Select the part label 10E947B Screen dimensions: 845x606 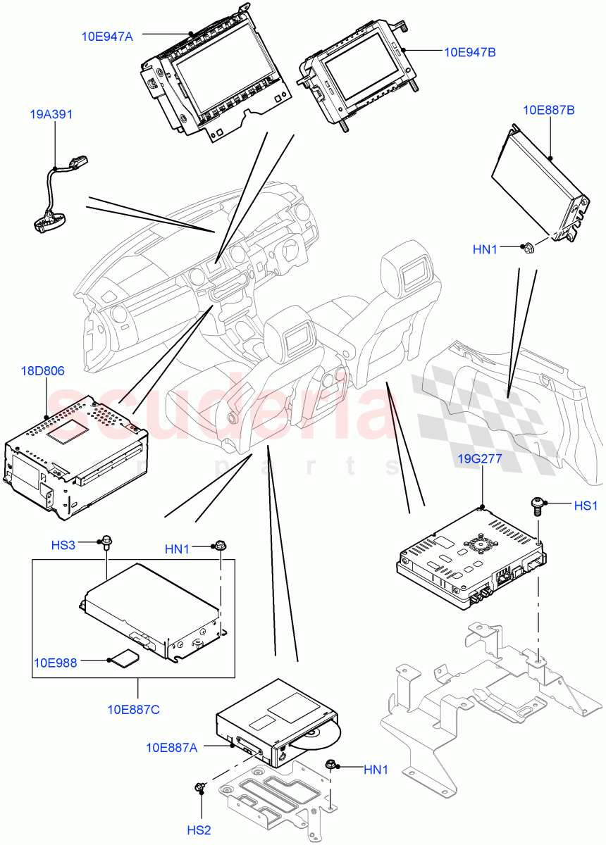tap(470, 52)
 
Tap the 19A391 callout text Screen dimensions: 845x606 tap(51, 114)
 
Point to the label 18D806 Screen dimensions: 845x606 tap(46, 370)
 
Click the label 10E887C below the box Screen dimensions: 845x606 tap(134, 709)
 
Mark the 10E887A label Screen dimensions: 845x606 tap(172, 747)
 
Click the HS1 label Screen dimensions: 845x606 tap(586, 506)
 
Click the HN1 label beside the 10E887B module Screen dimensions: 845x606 tap(485, 249)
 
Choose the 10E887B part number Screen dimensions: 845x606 tap(548, 110)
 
